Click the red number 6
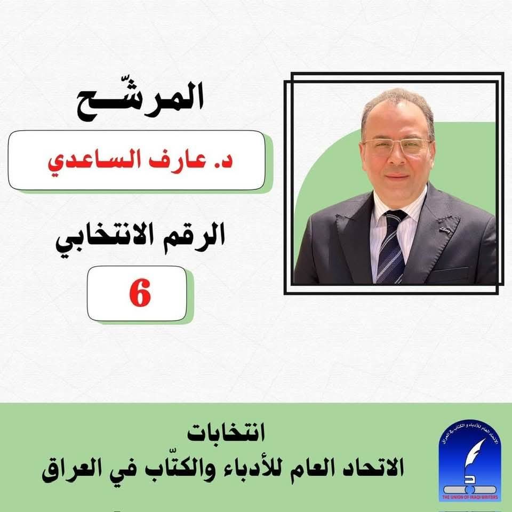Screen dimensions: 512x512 tap(140, 293)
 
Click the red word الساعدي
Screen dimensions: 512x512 tap(94, 162)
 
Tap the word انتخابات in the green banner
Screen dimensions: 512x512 tap(226, 433)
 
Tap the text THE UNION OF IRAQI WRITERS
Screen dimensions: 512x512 tap(470, 497)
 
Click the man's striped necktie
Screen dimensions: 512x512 tap(392, 246)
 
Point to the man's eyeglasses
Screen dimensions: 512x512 tap(397, 146)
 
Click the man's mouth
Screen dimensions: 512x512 tap(397, 177)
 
